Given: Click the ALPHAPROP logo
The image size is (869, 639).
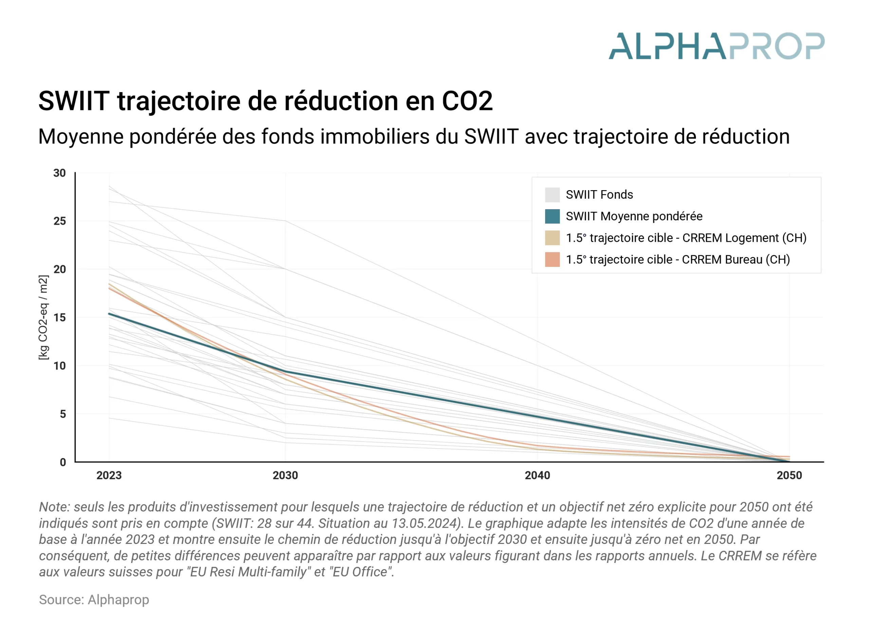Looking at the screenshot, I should tap(716, 46).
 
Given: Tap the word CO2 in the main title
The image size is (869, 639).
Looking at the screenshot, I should tap(467, 101).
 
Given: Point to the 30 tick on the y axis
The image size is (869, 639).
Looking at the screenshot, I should tap(59, 173).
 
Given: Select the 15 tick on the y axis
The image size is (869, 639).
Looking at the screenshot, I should tap(59, 317).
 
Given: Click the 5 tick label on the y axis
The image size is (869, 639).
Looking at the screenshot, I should tap(63, 414).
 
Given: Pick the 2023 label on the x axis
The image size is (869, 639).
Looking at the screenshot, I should tap(109, 475).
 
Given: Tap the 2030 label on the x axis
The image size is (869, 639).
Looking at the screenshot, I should tap(285, 475).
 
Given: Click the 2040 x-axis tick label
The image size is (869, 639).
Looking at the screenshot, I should tap(537, 475).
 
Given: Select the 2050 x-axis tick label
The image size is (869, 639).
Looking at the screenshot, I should tap(789, 475).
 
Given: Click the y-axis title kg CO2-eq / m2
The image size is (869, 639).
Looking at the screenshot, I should tap(44, 317).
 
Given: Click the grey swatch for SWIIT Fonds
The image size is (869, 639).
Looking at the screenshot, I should tap(552, 195).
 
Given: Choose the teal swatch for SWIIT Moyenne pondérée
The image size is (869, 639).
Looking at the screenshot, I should tap(552, 216).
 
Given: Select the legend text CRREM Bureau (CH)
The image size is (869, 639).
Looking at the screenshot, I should tap(735, 259).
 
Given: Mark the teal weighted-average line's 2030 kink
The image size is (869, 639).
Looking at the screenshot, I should tap(285, 372).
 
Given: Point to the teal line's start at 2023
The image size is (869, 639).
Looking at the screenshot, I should tap(109, 314).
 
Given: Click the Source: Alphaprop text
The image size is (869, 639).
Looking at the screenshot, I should tap(94, 600).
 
